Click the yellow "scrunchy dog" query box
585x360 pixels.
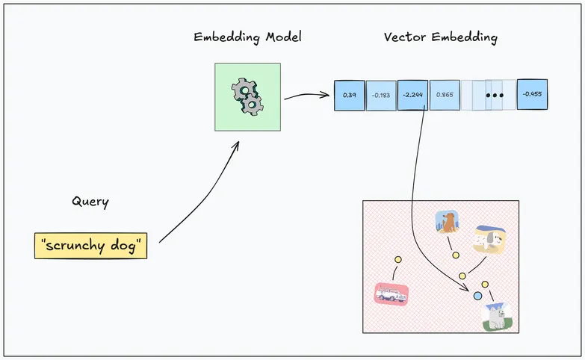coord(90,246)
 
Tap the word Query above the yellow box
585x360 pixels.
coord(90,201)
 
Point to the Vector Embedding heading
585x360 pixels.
coord(440,37)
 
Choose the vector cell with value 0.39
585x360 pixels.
coord(349,96)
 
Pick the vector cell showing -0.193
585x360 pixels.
coord(381,96)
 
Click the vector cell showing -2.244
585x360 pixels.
coord(412,96)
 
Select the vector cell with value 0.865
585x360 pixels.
coord(444,96)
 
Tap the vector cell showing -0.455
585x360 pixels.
coord(532,95)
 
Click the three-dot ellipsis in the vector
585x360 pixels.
coord(494,96)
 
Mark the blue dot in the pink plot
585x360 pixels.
coord(478,297)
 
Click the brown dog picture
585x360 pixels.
coord(447,223)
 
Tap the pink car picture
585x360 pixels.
coord(391,294)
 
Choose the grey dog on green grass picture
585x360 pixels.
coord(497,317)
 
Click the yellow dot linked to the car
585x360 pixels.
coord(398,260)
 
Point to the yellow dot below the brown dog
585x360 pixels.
coord(455,255)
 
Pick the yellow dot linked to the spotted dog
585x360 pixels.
coord(462,276)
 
